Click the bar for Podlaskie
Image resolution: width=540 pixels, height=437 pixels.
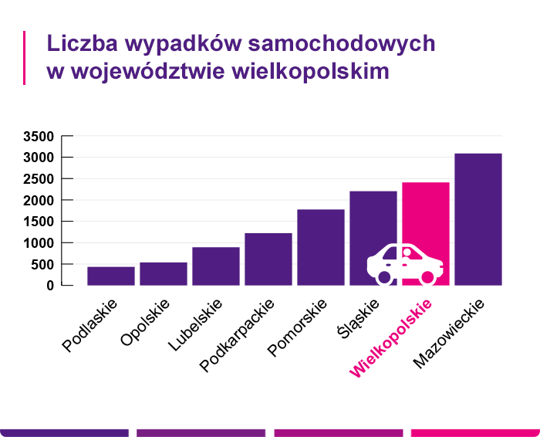111,276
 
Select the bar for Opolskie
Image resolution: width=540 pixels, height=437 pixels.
164,273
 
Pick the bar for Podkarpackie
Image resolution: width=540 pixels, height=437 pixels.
268,259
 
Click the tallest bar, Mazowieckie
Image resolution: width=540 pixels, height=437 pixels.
478,219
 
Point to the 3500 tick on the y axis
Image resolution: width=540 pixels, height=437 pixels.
39,137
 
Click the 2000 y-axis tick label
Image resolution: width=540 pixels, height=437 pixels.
39,201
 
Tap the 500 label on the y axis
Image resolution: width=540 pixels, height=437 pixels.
42,265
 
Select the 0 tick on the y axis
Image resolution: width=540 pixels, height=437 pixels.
50,286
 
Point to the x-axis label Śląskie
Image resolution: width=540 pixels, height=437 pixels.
359,317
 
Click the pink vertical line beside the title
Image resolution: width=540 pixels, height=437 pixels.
25,57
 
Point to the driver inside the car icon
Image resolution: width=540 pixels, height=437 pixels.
407,254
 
